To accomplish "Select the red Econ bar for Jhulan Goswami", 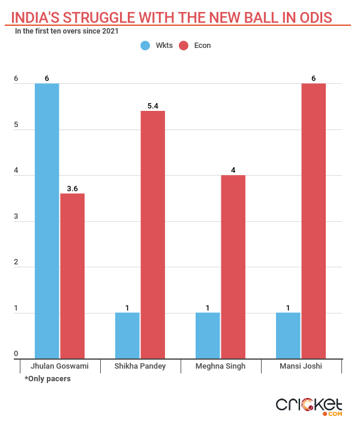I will click(73, 276).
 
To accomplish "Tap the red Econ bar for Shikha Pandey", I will click(153, 234).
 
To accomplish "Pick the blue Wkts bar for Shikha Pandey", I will click(127, 335).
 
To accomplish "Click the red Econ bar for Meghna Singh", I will click(233, 267).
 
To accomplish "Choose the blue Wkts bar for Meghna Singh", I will click(208, 335).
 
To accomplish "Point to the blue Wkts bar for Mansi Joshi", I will click(288, 335).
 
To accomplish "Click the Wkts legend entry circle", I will click(146, 46).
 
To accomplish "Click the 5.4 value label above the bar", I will click(153, 106).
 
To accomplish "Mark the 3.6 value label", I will click(73, 189).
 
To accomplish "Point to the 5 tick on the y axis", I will click(16, 126).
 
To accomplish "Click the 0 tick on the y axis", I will click(16, 354).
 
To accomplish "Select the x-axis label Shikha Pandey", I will click(140, 366).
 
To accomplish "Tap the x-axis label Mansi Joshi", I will click(301, 366).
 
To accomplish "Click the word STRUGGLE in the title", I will click(101, 17).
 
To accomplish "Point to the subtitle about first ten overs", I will click(66, 31).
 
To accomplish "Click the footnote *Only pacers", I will click(47, 379).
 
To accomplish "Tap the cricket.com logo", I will click(308, 405).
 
